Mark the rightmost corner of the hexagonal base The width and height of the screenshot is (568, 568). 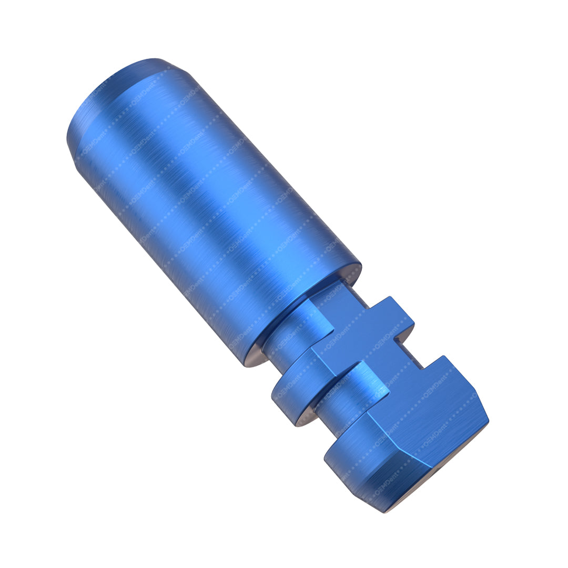[x=488, y=421]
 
